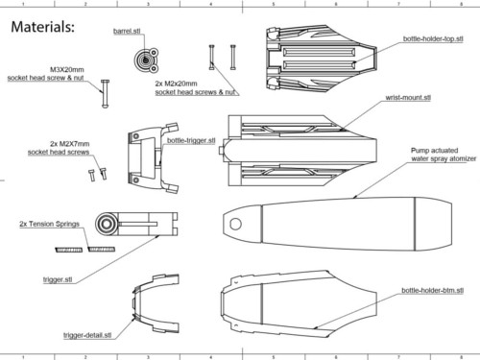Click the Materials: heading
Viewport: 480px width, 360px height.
coord(43,27)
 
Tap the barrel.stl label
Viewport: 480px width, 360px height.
coord(127,31)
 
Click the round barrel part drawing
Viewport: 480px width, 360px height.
coord(147,60)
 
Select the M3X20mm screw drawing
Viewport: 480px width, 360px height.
coord(105,93)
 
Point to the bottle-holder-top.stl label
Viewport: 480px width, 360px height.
coord(433,38)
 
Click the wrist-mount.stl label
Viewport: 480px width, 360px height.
coord(408,98)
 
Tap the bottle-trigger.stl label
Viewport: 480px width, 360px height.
coord(191,140)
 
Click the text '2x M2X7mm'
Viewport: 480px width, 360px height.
coord(70,144)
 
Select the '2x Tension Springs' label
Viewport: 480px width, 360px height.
coord(49,224)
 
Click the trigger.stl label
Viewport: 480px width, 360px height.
coord(58,279)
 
